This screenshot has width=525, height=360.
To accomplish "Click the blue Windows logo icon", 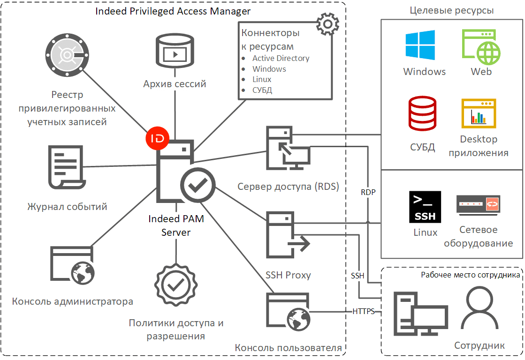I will point(420,45).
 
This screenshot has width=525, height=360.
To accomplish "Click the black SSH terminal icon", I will point(425,206).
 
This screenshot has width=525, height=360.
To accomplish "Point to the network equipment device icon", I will point(478,204).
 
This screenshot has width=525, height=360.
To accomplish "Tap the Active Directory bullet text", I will point(281,58).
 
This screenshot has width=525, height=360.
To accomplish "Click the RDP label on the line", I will point(368,192).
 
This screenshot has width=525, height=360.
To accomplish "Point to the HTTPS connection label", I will point(364,311).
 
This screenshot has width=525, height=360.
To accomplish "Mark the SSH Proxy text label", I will point(288,275).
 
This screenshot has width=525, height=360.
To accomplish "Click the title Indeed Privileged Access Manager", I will point(173,11).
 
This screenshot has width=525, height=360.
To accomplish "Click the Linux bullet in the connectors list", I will point(262,79).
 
